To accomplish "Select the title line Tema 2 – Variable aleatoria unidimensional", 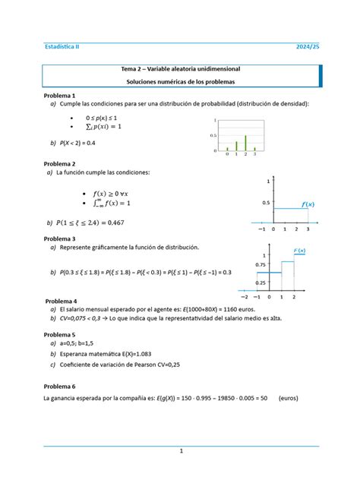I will point(180,70).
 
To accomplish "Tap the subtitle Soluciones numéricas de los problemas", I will point(180,81).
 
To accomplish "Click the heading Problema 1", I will point(59,96).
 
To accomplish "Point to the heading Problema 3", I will point(59,238).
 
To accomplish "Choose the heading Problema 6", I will point(59,386).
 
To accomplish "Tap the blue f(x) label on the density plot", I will point(308,205).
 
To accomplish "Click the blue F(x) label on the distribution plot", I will point(299,251).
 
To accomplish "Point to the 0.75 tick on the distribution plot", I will point(261,265).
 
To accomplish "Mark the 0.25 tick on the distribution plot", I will point(261,283).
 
